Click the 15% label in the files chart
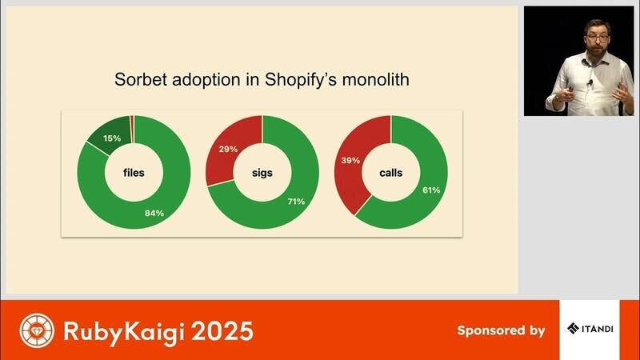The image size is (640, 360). [112, 138]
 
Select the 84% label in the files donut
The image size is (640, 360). [154, 213]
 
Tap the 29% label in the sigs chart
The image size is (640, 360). [228, 150]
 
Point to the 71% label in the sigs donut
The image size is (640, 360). [296, 202]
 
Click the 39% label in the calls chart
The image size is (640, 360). [350, 161]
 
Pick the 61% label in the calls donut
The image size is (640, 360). [431, 190]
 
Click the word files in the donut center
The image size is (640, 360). [134, 173]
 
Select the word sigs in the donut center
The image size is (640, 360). [262, 173]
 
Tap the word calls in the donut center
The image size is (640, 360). [391, 173]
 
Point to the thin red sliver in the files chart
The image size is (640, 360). [132, 130]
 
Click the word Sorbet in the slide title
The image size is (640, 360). [141, 79]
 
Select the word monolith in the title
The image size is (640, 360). [375, 79]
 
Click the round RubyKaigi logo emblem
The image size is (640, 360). [37, 330]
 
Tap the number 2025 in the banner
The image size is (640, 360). [222, 331]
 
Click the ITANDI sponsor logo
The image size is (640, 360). [590, 328]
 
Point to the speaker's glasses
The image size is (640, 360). [597, 38]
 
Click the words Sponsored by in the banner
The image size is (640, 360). [502, 330]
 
